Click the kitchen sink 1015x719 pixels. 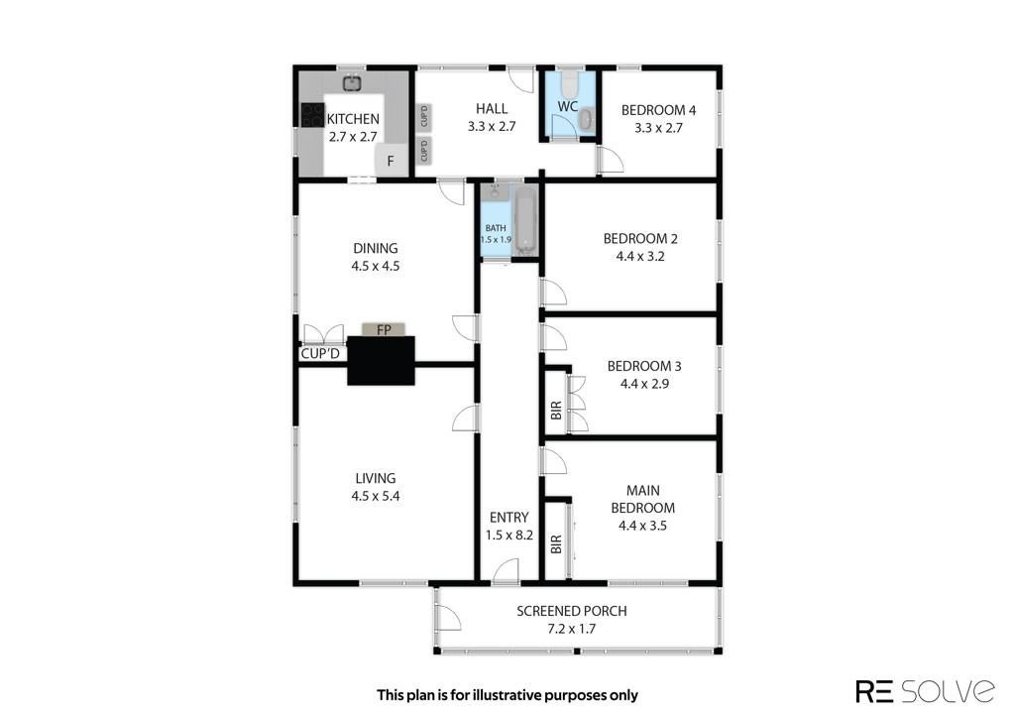[352, 83]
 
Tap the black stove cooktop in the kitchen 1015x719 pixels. [312, 115]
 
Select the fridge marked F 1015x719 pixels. [391, 160]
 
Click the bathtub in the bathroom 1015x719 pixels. [525, 221]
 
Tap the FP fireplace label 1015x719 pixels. [384, 329]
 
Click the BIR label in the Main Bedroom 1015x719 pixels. [556, 543]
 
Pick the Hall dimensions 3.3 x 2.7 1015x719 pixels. [492, 126]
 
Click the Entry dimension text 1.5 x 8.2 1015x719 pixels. [509, 536]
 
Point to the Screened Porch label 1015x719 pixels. [572, 611]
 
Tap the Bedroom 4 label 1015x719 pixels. [658, 110]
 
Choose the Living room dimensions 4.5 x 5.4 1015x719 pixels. [376, 496]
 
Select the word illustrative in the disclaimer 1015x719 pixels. [507, 695]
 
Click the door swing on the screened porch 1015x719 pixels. [448, 617]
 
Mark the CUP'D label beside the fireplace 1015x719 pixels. [320, 354]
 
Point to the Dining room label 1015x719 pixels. [376, 248]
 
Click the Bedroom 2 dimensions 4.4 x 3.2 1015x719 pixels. [640, 256]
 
